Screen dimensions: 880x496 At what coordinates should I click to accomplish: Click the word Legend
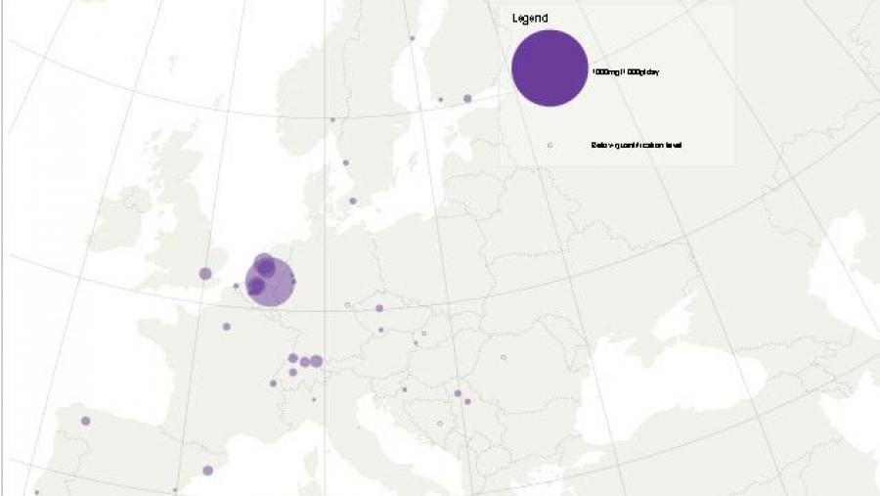pyautogui.click(x=530, y=18)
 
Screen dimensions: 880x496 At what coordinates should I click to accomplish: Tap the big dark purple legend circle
pyautogui.click(x=550, y=68)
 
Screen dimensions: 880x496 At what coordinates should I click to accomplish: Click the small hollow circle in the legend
pyautogui.click(x=550, y=145)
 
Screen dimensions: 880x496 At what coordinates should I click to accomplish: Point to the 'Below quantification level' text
pyautogui.click(x=636, y=145)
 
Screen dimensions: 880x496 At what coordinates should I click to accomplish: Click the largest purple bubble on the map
pyautogui.click(x=269, y=282)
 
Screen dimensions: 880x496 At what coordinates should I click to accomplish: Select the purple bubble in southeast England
pyautogui.click(x=205, y=273)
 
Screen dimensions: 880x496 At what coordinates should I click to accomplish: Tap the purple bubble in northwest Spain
pyautogui.click(x=85, y=421)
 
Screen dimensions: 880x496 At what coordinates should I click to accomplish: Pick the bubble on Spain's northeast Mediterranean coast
pyautogui.click(x=207, y=471)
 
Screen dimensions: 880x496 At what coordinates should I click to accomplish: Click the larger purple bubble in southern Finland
pyautogui.click(x=467, y=98)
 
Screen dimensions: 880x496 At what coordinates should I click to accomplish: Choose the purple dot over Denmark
pyautogui.click(x=352, y=201)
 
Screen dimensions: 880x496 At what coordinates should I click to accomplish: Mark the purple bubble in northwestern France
pyautogui.click(x=226, y=327)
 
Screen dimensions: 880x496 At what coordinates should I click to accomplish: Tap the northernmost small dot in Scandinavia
pyautogui.click(x=412, y=38)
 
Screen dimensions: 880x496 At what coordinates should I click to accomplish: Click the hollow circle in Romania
pyautogui.click(x=504, y=357)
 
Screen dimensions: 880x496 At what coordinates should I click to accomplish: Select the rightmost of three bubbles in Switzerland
pyautogui.click(x=316, y=361)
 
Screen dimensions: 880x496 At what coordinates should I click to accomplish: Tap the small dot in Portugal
pyautogui.click(x=36, y=491)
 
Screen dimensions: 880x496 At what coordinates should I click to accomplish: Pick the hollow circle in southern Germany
pyautogui.click(x=347, y=305)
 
